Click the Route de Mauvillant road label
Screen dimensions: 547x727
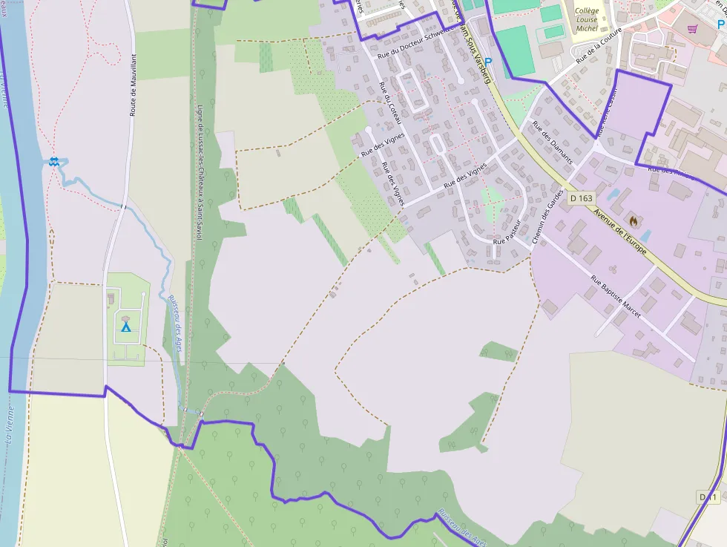tap(134, 88)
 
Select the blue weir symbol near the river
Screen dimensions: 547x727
tap(53, 161)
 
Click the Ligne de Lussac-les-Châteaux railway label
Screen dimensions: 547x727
tap(199, 172)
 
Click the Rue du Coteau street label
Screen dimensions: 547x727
tap(391, 104)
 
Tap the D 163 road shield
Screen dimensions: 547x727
tap(582, 198)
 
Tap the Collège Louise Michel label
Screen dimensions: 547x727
tap(586, 19)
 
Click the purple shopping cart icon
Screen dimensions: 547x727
tap(692, 29)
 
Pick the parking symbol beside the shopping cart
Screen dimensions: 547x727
tap(721, 23)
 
